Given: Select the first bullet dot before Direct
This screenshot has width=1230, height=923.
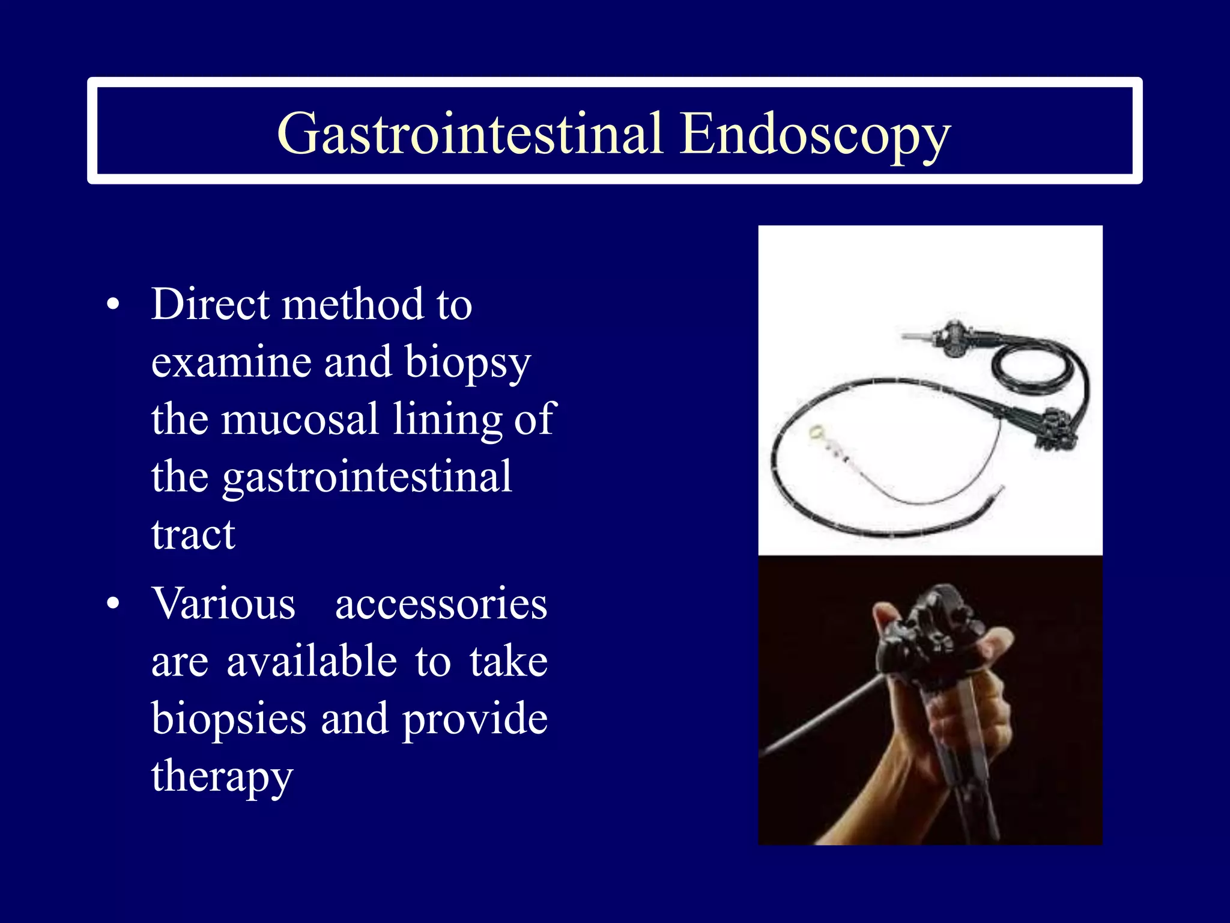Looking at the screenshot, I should click(113, 305).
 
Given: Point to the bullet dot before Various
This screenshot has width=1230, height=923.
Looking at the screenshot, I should click(113, 604).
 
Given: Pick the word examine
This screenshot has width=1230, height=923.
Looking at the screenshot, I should click(231, 362).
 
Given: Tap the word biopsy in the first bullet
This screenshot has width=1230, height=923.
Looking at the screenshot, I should click(467, 363).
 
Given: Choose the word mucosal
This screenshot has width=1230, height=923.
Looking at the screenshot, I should click(300, 419).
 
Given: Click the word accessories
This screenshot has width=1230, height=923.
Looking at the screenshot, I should click(441, 604).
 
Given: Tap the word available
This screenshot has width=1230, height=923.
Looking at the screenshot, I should click(312, 661).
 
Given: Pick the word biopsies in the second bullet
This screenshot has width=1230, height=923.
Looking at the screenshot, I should click(228, 719).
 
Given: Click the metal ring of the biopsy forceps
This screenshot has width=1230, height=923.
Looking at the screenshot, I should click(816, 431).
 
